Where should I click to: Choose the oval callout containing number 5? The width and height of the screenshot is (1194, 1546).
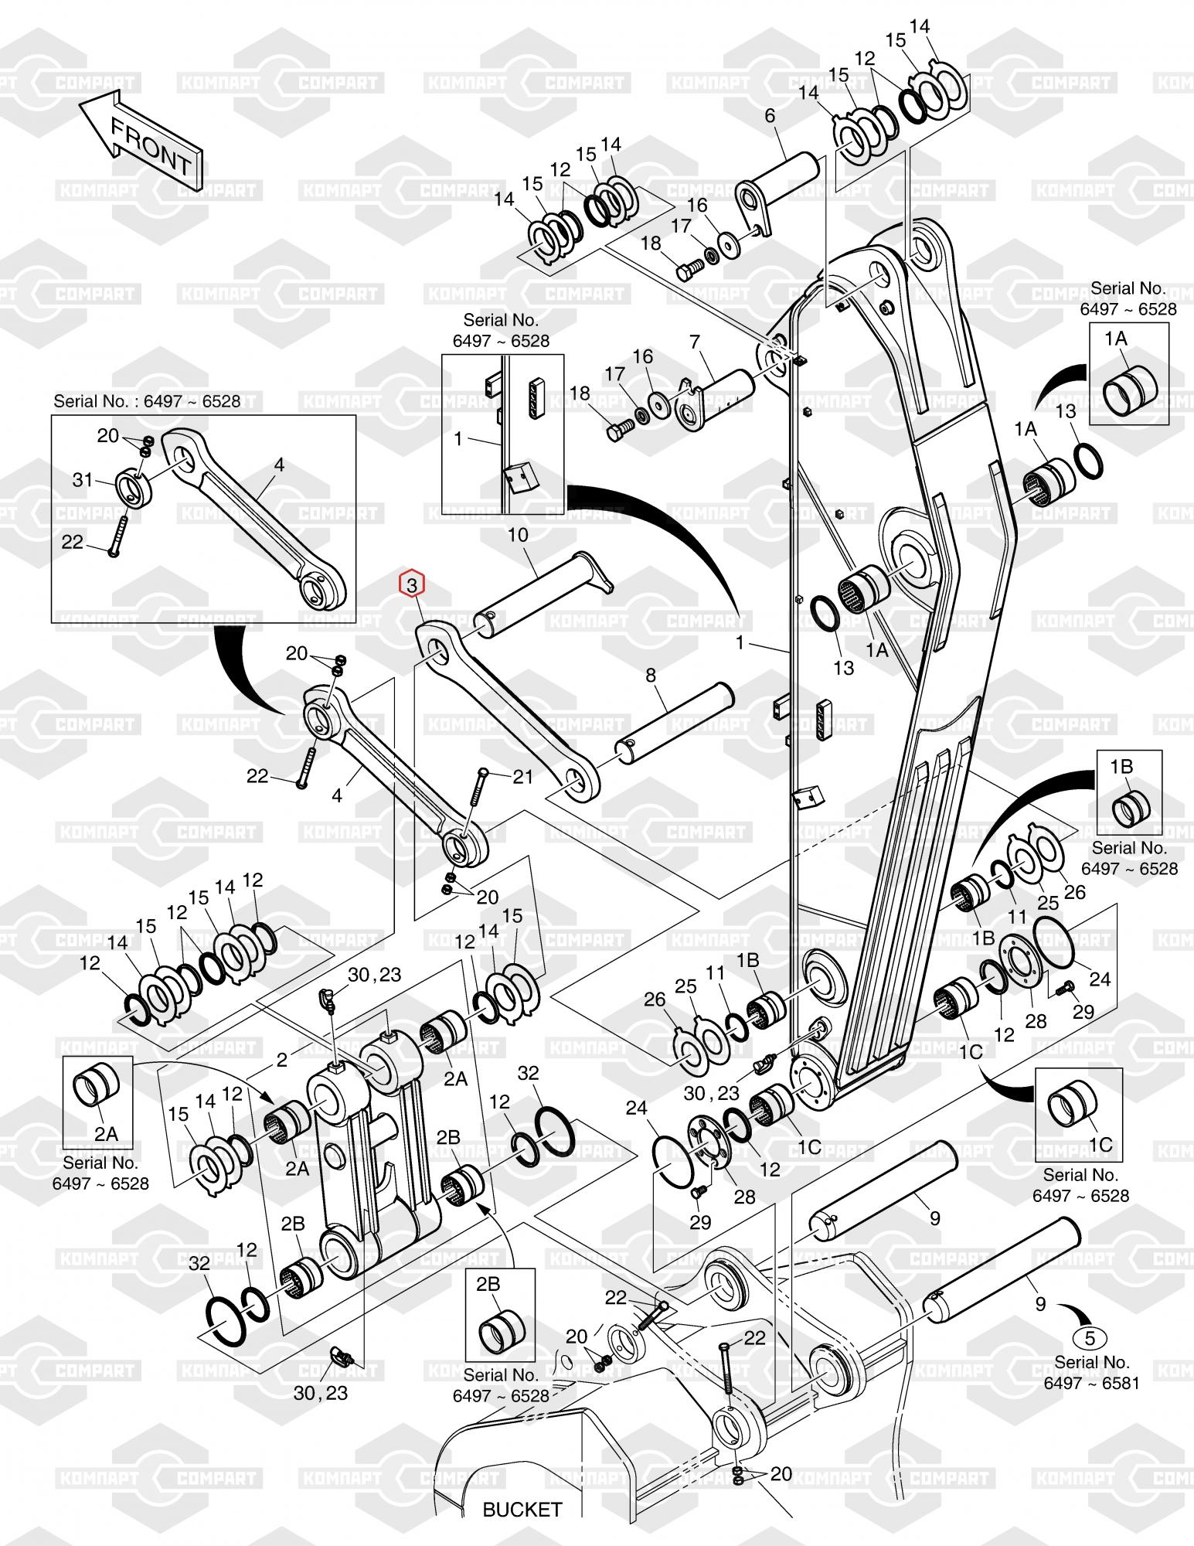1090,1338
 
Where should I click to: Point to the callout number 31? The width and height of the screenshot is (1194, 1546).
83,480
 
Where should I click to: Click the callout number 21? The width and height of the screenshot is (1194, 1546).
523,775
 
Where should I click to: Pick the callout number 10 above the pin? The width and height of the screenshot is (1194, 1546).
517,534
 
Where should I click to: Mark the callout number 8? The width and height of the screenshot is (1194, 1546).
651,676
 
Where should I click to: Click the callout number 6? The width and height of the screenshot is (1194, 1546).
770,116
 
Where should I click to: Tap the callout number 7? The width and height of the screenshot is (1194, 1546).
695,341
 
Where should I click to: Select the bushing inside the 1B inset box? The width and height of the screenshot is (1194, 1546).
1131,807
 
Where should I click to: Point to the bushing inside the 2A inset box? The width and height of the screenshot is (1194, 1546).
97,1088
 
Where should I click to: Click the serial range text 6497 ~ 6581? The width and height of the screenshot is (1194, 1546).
1091,1383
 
